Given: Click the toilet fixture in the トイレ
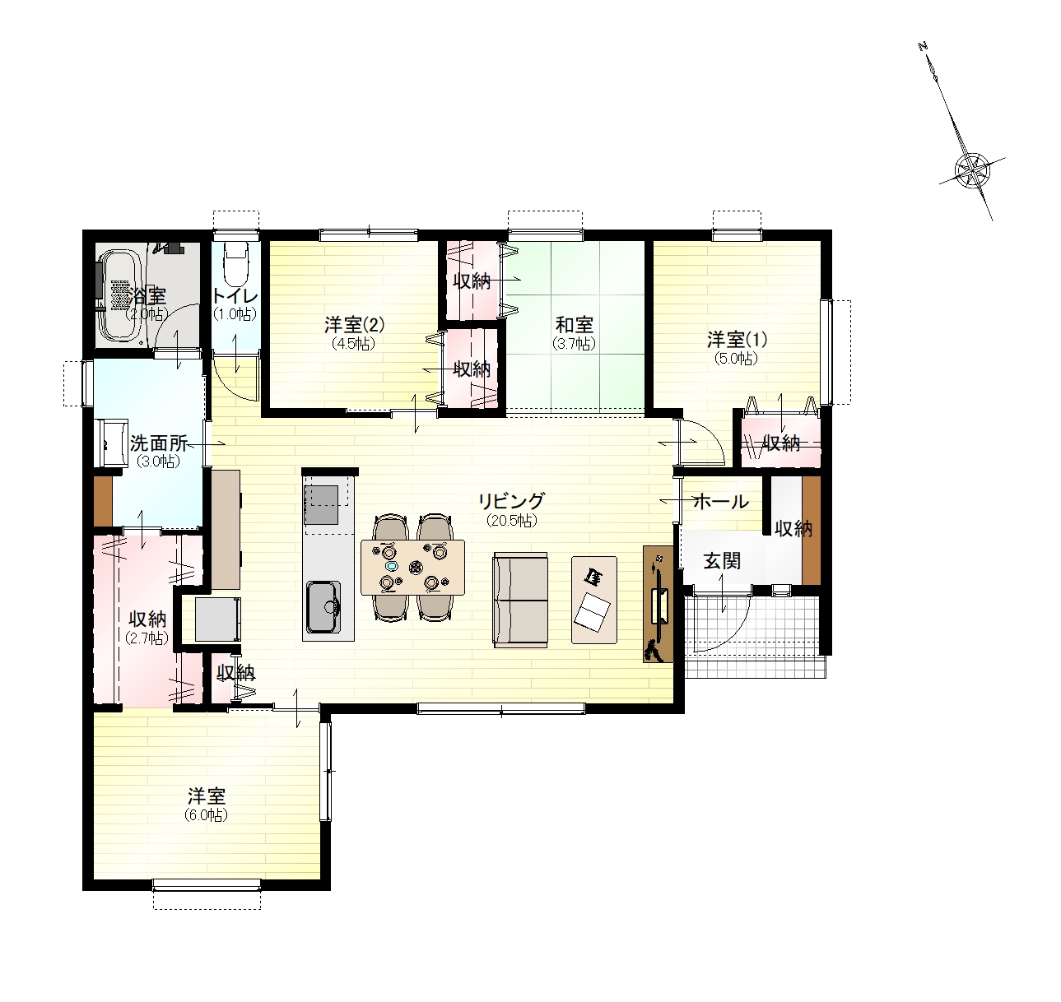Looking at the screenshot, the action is tap(235, 266).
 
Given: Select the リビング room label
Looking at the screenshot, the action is tap(511, 502).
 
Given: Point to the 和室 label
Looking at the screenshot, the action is tap(575, 325).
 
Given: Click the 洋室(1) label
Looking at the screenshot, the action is tap(737, 339).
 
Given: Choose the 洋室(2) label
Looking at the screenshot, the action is tap(354, 324).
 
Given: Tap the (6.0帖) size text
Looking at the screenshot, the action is tap(207, 815).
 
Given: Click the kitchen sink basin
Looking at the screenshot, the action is tap(323, 607).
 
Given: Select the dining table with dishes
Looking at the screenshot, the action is tap(412, 568).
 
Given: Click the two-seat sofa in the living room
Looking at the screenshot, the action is tap(520, 601).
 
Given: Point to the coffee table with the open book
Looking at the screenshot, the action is tap(594, 600).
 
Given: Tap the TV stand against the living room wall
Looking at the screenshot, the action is tap(658, 604).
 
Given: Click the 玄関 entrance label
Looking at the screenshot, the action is tap(722, 561).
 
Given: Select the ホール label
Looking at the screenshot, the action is tap(721, 502).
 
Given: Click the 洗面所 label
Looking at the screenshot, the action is tap(159, 443).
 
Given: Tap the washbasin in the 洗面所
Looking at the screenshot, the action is tap(110, 443).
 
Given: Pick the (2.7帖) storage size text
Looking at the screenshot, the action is tap(147, 638).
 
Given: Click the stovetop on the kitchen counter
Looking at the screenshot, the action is tap(321, 505).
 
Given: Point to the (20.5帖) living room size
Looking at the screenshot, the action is tap(512, 520).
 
